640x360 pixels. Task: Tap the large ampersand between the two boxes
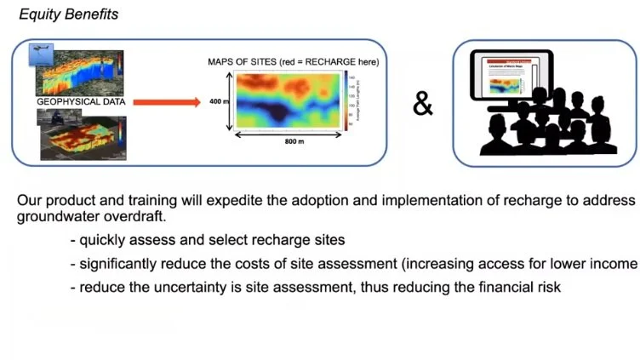pyautogui.click(x=423, y=104)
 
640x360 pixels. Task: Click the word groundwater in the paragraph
pyautogui.click(x=51, y=215)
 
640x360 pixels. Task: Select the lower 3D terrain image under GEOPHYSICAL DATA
pyautogui.click(x=82, y=135)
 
